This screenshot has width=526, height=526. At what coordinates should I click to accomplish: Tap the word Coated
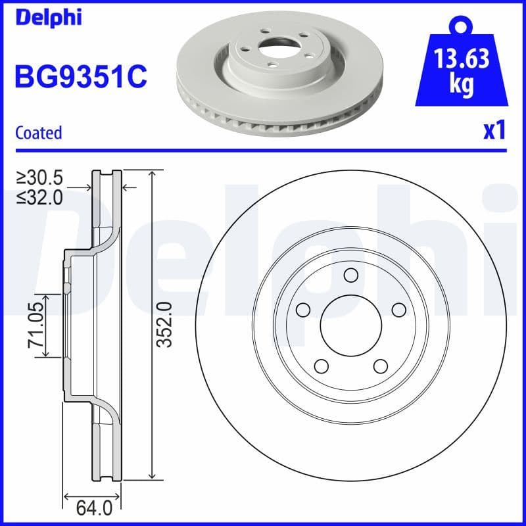(x=38, y=133)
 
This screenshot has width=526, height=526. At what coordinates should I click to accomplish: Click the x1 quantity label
(x=494, y=131)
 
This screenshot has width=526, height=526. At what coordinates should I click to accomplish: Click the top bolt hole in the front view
(x=350, y=275)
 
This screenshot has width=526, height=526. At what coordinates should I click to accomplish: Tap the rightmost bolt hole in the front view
(x=398, y=309)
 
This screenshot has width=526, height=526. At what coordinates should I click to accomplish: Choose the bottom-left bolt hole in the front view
(x=321, y=366)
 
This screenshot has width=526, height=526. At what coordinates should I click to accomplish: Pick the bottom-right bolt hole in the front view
(x=380, y=366)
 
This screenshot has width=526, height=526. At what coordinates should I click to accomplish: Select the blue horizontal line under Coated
(x=263, y=151)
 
